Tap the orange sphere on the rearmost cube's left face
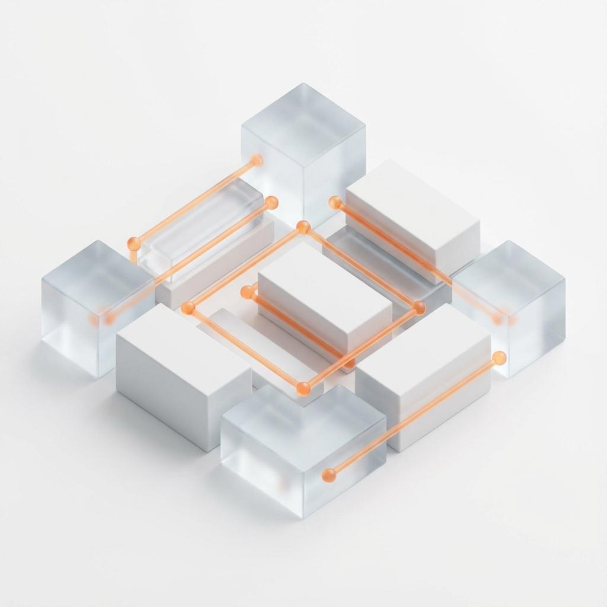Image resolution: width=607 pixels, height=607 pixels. coord(256,160)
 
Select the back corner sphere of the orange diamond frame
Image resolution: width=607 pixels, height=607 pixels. coord(303,227)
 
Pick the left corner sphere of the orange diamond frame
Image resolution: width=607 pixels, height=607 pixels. coord(188,307)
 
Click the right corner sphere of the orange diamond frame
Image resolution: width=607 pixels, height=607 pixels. coord(419,308)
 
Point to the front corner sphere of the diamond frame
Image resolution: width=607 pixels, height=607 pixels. coord(303,388)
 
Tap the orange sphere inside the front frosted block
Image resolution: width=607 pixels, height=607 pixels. coord(328,475)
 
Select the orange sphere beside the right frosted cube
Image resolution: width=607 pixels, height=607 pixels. coord(499,357)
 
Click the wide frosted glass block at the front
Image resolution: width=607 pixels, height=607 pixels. coord(303,451)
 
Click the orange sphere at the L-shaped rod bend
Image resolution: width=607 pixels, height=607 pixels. coord(134,243)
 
